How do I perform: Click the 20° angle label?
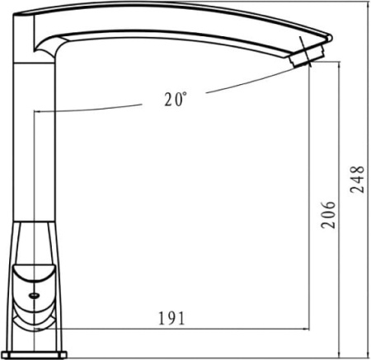coord(176,99)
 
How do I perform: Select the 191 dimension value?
coord(171,318)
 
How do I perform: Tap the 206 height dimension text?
coord(329,215)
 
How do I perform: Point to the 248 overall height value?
coord(357,180)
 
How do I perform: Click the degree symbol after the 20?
coord(185,94)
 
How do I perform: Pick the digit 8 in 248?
coord(357,171)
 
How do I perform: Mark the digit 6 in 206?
coord(329,206)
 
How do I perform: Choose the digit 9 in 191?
coord(171,318)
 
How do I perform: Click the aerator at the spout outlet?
coord(306,57)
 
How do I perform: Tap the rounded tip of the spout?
coord(331,38)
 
